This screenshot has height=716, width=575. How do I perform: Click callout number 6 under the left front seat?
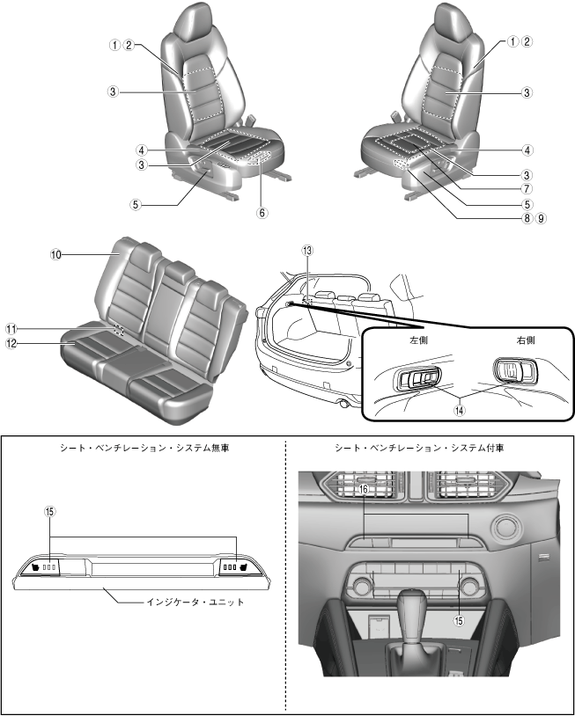tap(262, 212)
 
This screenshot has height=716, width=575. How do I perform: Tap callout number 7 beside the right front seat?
tap(526, 187)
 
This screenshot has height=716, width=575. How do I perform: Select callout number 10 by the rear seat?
tap(55, 254)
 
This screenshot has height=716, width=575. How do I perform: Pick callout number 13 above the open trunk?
tap(306, 250)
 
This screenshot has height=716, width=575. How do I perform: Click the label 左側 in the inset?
tap(418, 338)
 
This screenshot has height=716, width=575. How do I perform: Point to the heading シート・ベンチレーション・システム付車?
tap(430, 448)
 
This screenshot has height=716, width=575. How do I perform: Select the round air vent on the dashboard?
tap(508, 528)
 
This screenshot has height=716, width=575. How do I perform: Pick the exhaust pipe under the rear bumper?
tap(342, 404)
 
